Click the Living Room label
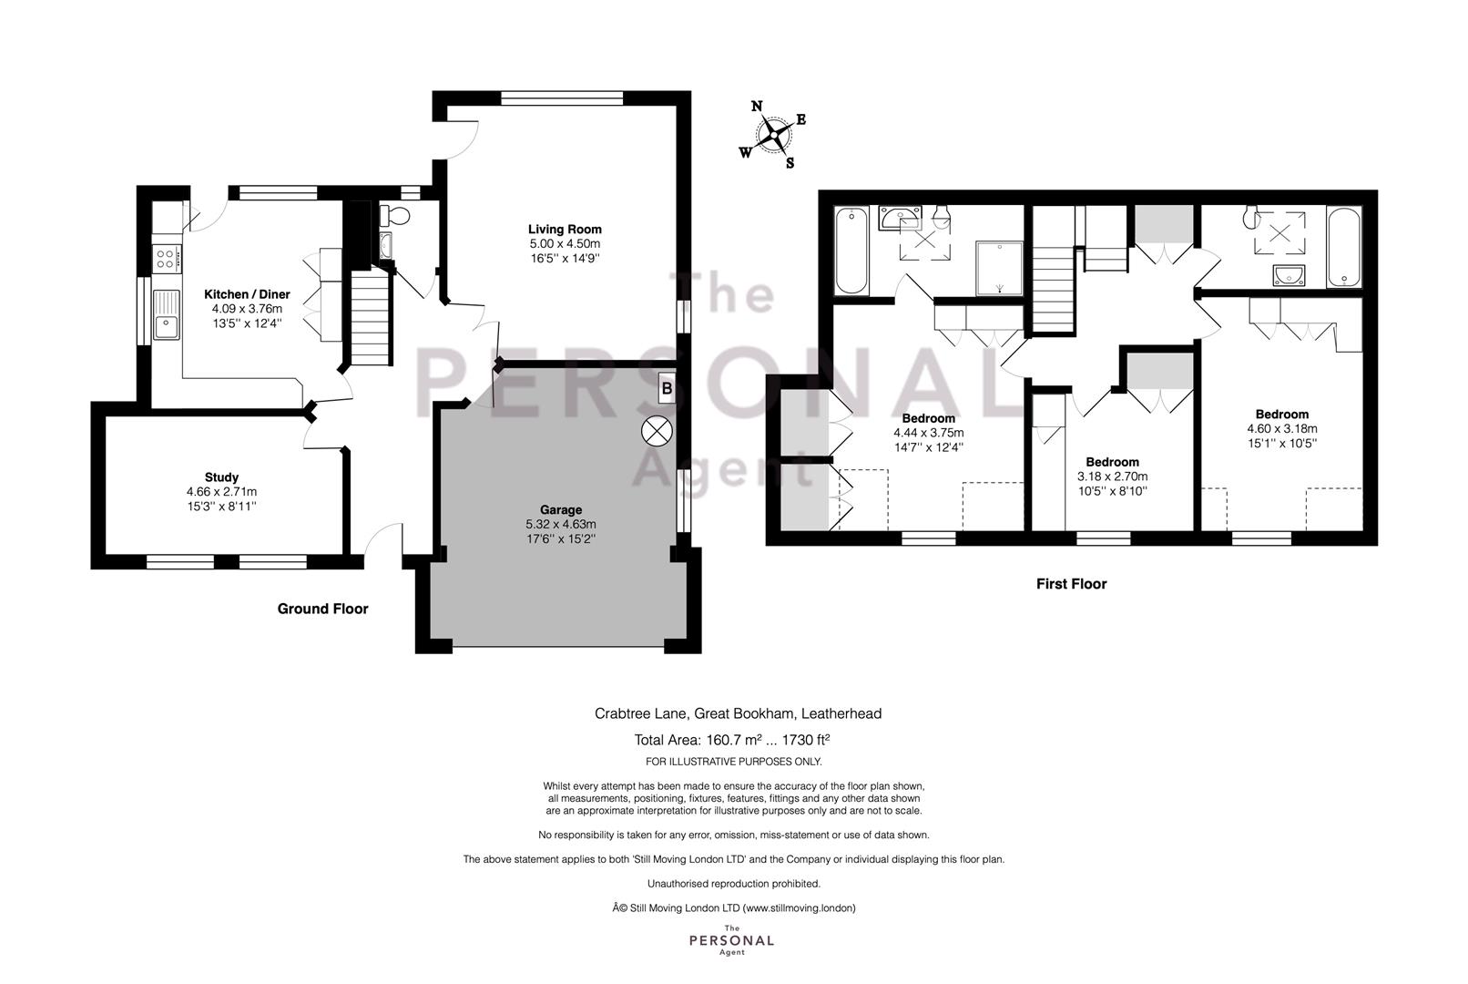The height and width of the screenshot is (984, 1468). pos(565,230)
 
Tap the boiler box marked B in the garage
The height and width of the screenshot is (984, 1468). pos(667,389)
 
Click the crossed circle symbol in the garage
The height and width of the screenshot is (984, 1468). pos(657,431)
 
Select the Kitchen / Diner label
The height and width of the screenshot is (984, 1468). pos(247,294)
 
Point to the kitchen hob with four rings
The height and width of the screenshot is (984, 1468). pos(166,257)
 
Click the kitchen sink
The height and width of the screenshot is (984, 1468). pos(167,315)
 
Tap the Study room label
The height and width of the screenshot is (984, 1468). pos(221,477)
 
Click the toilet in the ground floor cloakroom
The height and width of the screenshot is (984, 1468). pos(394,214)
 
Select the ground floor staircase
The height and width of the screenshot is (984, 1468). pos(371,318)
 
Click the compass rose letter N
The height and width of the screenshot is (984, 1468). pos(756,107)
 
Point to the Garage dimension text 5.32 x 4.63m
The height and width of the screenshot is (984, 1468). pos(561,525)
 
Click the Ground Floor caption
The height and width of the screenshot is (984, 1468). pos(322,609)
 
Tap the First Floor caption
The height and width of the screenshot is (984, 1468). pos(1071,584)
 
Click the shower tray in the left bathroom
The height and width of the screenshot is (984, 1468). pos(999,268)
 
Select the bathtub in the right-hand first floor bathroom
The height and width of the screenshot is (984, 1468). pos(1343,247)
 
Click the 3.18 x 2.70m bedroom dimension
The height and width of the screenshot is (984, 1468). pos(1113,477)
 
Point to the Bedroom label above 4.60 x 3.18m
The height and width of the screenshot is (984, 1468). pos(1282,415)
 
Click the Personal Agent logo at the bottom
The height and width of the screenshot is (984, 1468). pos(731,940)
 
